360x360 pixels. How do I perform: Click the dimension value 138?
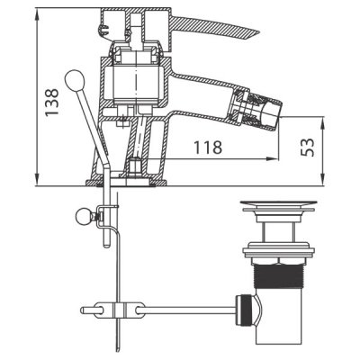tap(51, 102)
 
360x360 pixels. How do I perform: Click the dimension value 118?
tap(208, 148)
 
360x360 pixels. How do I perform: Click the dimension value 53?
tap(308, 148)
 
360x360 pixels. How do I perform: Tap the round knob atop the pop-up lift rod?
tap(75, 79)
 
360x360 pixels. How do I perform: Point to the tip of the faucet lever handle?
tap(258, 31)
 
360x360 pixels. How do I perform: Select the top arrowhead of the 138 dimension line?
tap(37, 14)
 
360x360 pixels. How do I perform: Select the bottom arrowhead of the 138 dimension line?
tap(37, 179)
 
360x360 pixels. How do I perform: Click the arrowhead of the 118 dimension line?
tap(273, 158)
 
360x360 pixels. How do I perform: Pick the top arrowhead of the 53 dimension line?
tap(323, 122)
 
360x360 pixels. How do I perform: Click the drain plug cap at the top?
tap(279, 205)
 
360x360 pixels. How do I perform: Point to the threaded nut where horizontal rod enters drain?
tap(242, 310)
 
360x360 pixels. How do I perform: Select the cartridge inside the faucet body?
tap(136, 84)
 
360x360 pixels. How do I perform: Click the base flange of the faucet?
tap(127, 183)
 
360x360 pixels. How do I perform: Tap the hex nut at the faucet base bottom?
tap(136, 168)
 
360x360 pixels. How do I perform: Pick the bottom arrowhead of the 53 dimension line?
tap(323, 179)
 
